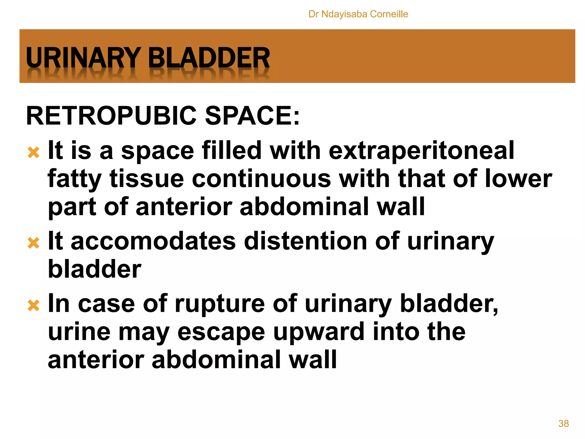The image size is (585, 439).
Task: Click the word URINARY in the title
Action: point(83,58)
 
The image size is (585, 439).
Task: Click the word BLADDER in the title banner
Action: point(209,58)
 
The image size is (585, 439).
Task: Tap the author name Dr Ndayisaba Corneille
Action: point(358,14)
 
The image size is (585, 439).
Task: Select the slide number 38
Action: point(563,423)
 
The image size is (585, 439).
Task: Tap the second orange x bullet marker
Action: point(33,243)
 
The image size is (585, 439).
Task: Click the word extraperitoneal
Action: point(421,151)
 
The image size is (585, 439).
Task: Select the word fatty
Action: point(74,179)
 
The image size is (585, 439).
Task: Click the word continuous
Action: point(261,179)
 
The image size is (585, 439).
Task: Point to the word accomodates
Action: point(153,241)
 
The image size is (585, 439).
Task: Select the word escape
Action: point(221,332)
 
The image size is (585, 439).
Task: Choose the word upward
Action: point(319,332)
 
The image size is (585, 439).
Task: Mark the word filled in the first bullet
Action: point(231,151)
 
